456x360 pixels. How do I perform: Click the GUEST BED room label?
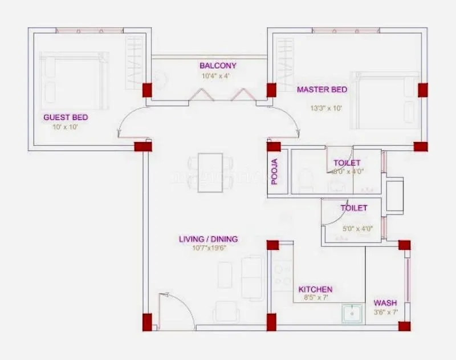[x=66, y=118]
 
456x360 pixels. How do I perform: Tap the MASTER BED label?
[x=321, y=90]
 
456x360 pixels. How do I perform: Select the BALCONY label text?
[x=218, y=66]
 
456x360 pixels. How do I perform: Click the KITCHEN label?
[x=316, y=290]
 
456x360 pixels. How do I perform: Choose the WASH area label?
[x=385, y=303]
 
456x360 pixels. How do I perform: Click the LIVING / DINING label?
[x=208, y=239]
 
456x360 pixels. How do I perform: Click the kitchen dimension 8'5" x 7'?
[x=316, y=298]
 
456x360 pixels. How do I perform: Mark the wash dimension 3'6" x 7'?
[x=385, y=312]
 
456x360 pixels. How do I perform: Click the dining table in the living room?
[x=210, y=172]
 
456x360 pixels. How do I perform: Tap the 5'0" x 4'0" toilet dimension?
[x=357, y=229]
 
